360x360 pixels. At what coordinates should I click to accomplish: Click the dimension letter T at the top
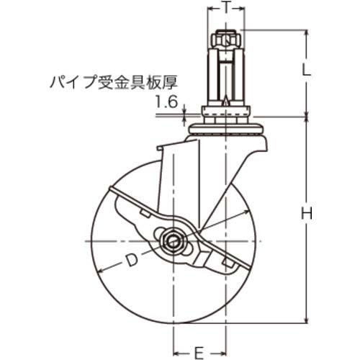coord(226,9)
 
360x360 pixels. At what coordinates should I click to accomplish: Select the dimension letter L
coord(305,71)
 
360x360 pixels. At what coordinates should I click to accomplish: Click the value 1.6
coord(166,103)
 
